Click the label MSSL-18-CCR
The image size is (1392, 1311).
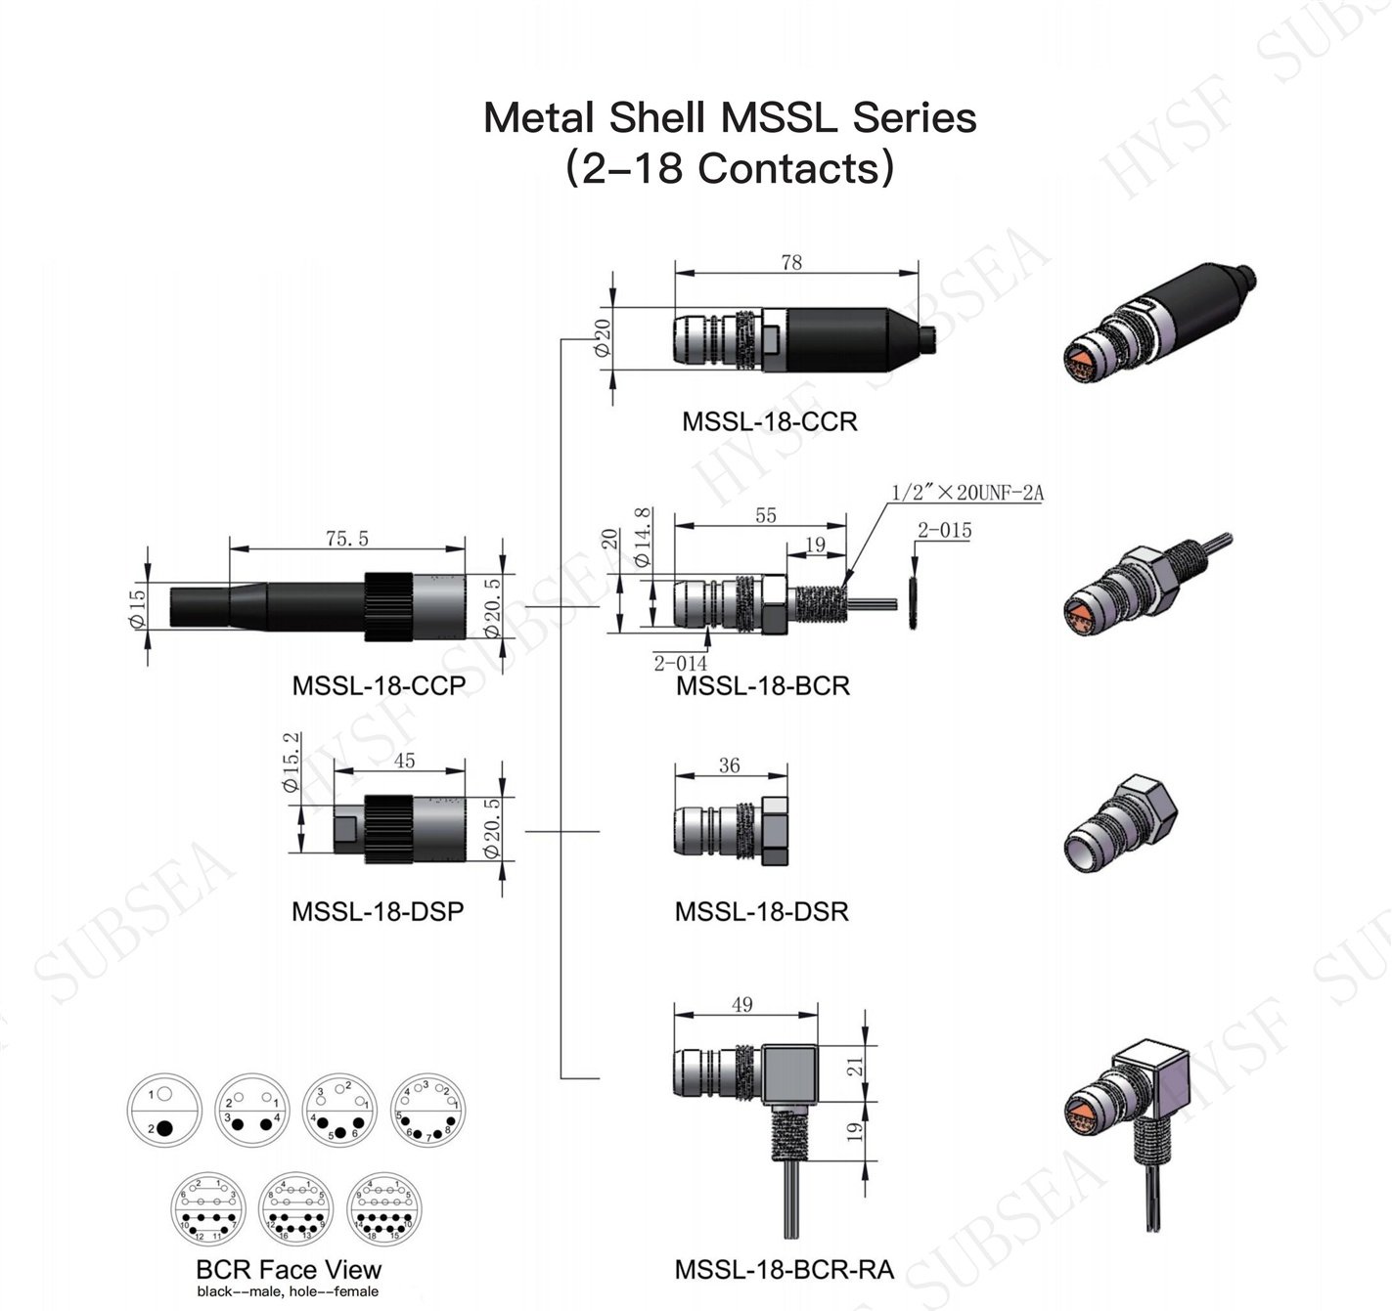pos(769,421)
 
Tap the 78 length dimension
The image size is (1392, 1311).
pos(791,262)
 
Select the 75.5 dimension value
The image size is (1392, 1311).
pos(346,539)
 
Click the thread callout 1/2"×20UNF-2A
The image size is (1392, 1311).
pos(966,493)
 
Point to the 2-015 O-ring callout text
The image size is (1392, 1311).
pos(944,531)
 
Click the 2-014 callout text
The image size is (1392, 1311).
pos(680,663)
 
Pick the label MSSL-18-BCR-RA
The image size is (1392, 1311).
pos(784,1270)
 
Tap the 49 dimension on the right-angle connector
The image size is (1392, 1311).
pos(741,1004)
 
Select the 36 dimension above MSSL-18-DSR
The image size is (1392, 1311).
pos(729,765)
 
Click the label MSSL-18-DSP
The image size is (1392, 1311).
pos(378,911)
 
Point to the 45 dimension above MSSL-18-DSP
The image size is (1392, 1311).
pos(403,761)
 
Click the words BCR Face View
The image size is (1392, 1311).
pos(289,1270)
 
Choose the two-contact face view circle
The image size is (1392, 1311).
pos(163,1111)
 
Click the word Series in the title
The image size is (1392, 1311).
pos(915,118)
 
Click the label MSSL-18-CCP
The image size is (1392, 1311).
pos(379,685)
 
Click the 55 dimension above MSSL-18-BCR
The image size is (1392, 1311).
pos(766,515)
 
